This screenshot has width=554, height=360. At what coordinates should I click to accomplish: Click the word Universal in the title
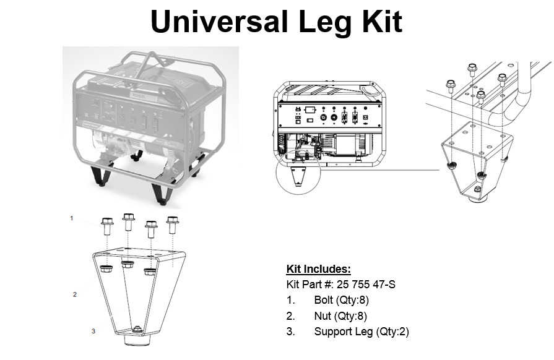tap(219, 22)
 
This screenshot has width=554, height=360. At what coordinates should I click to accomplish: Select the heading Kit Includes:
tap(318, 269)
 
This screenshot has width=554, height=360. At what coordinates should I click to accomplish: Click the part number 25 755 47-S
tap(366, 284)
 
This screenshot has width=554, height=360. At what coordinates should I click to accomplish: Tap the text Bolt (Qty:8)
tap(341, 300)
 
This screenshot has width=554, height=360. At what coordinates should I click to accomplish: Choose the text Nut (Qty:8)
tap(340, 316)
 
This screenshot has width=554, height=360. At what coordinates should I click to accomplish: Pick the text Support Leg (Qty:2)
tap(361, 332)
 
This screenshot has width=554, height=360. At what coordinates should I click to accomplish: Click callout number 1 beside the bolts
tap(72, 218)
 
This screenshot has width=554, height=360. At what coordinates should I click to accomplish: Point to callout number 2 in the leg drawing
tap(74, 294)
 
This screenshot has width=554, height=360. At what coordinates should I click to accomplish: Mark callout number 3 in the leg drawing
tap(93, 331)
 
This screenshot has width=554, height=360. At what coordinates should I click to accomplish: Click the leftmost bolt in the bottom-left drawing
tap(107, 226)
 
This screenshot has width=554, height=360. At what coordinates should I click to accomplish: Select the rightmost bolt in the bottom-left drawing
tap(173, 225)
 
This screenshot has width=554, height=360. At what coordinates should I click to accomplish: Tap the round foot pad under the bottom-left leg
tap(138, 340)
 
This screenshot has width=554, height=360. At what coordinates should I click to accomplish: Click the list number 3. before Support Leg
tap(290, 332)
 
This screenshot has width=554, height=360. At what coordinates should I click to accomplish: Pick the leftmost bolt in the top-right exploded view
tap(450, 87)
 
